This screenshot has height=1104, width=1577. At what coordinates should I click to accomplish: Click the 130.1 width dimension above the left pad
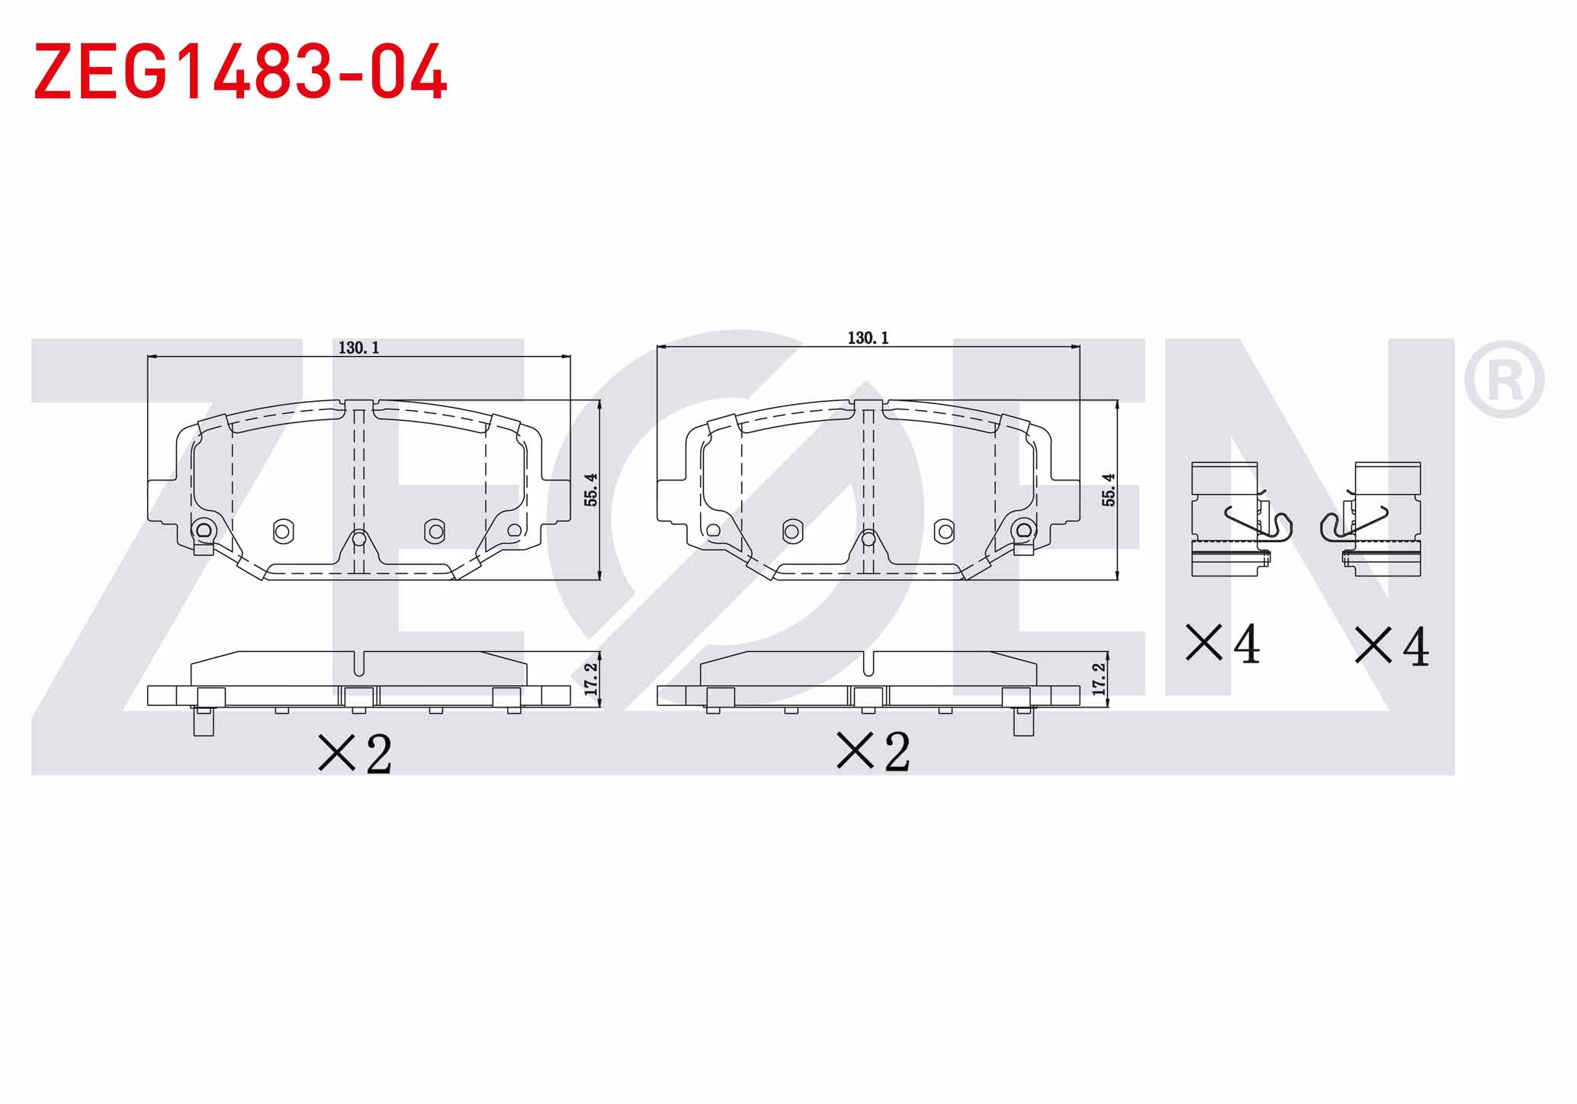point(358,348)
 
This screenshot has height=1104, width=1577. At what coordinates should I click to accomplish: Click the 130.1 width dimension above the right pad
point(868,338)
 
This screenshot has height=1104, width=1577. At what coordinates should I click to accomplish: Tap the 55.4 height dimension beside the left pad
point(590,489)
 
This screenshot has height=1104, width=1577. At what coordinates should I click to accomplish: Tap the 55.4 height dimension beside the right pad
point(1108,489)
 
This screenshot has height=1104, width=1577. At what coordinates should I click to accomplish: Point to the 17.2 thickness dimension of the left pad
point(590,679)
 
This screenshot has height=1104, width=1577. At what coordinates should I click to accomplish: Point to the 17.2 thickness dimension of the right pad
point(1098,679)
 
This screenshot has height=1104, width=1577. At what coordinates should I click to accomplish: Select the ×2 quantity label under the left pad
point(355,753)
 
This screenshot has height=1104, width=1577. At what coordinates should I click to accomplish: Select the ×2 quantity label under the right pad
point(874,751)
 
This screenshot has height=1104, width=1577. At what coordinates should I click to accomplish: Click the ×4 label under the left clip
point(1223,643)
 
